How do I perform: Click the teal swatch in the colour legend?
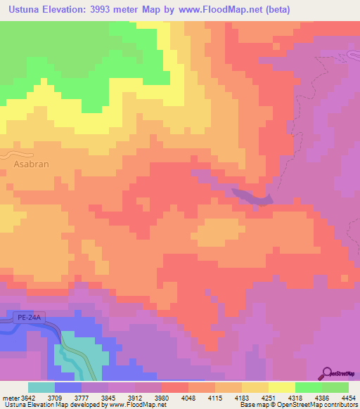pyautogui.click(x=41, y=387)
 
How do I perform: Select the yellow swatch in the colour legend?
pyautogui.click(x=281, y=387)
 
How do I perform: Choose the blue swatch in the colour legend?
pyautogui.click(x=68, y=387)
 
